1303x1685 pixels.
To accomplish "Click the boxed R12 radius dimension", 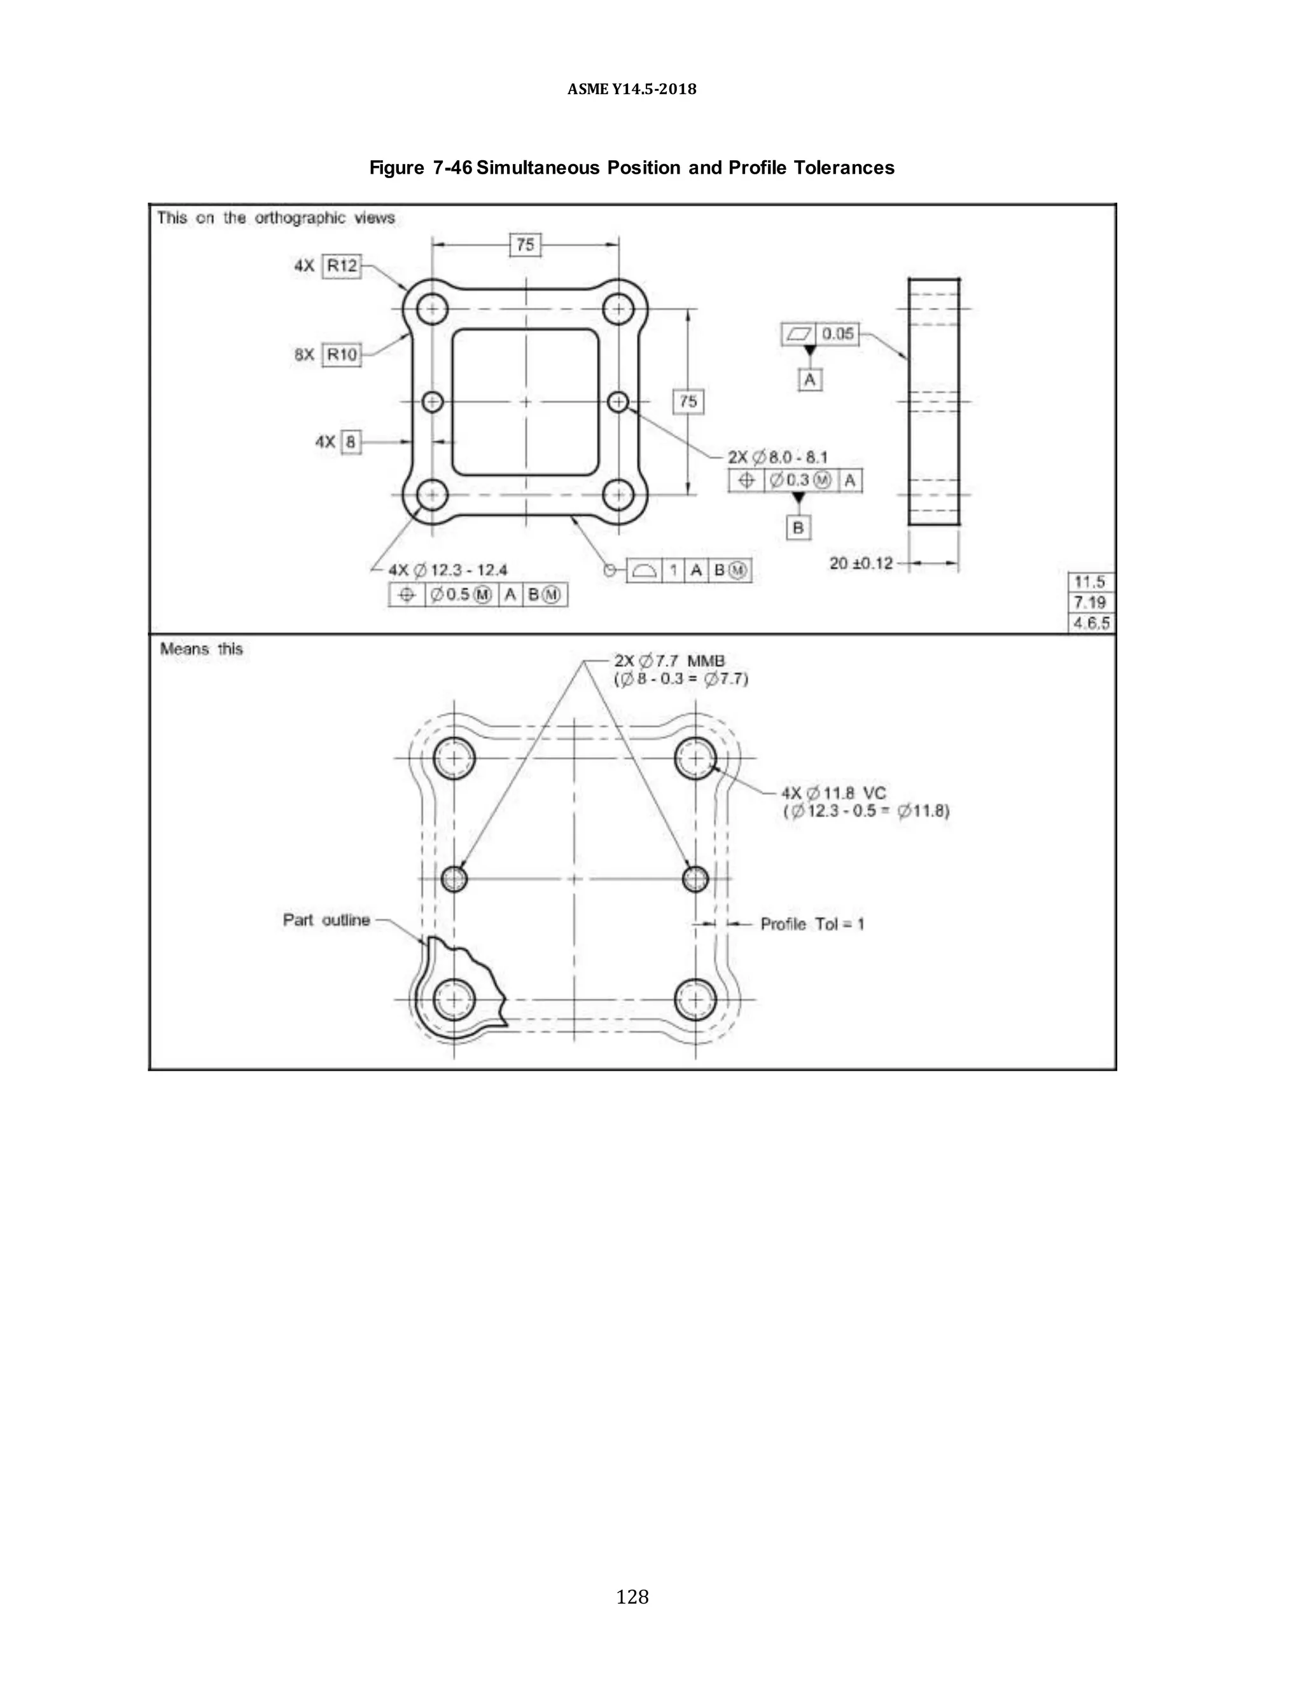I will (341, 266).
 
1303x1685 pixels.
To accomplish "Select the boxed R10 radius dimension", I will (341, 355).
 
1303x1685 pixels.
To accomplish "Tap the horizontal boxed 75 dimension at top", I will (525, 245).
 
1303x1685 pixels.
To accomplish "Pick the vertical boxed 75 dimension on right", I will (688, 401).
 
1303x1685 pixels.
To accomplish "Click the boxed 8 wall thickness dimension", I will (351, 442).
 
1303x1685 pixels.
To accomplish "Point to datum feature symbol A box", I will (809, 380).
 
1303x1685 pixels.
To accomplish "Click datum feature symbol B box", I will (798, 528).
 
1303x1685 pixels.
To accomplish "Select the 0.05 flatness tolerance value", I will (837, 334).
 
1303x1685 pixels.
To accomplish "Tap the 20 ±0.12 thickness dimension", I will (861, 563).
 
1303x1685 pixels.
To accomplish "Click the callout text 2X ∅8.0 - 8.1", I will (777, 458).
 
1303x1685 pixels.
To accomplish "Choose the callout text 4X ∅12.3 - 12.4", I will (448, 570).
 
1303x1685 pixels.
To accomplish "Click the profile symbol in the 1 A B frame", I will (644, 570).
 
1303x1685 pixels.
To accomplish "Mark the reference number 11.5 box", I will (1090, 582).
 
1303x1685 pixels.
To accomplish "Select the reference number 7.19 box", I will (1090, 603).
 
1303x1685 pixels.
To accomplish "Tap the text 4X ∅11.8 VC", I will (833, 793).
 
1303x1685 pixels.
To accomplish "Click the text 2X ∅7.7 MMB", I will (669, 661).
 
